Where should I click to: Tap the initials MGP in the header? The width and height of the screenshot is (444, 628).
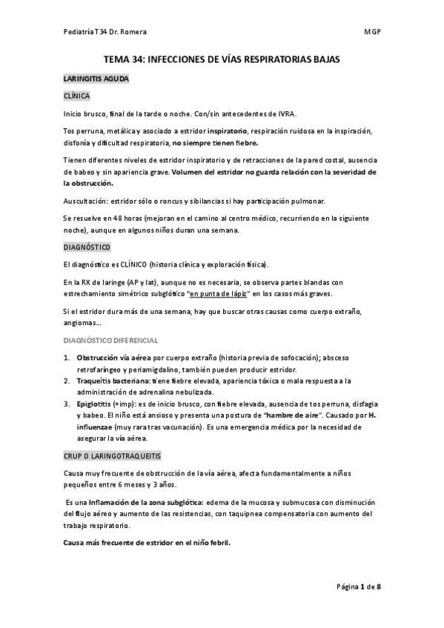coord(372,33)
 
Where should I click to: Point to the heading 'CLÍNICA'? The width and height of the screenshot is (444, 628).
coord(77,96)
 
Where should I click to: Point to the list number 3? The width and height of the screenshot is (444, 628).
coord(65,404)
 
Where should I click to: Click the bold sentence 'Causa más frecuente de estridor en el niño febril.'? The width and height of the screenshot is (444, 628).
coord(147,541)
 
